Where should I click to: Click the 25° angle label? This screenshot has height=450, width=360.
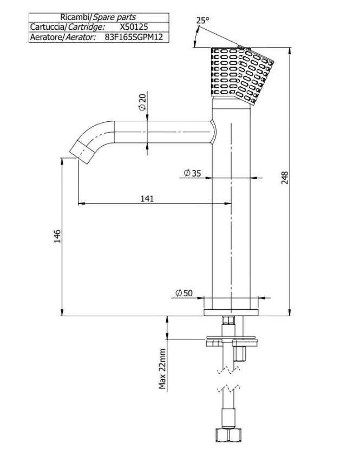click(202, 21)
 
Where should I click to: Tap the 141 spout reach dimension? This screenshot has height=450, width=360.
click(147, 198)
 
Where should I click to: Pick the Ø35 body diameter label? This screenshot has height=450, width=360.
click(192, 173)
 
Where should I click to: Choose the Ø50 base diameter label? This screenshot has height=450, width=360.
click(184, 293)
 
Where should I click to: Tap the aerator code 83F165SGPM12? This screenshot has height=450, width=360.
click(133, 37)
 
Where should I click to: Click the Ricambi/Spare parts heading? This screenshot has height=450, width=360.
click(98, 17)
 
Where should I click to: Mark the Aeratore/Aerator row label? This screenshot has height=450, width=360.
click(63, 37)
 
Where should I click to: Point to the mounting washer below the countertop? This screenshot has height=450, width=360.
click(232, 341)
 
